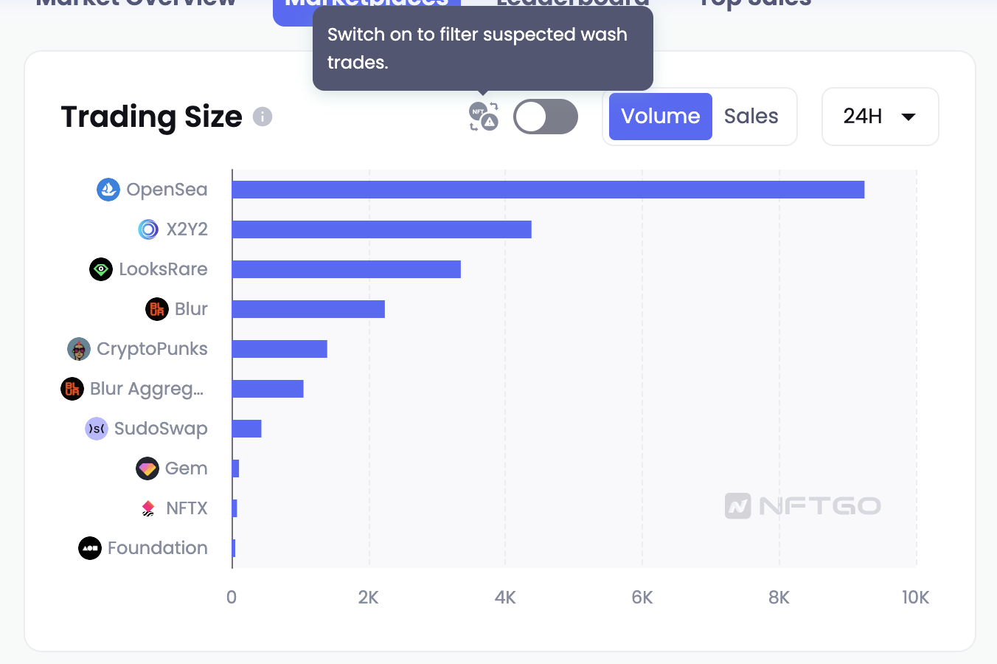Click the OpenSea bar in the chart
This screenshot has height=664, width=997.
coord(548,190)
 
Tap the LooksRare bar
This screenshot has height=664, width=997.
coord(346,269)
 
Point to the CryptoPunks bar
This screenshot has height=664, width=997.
coord(279,349)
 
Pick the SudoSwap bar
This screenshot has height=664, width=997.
coord(246,429)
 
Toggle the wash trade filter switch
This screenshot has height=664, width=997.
coord(545,117)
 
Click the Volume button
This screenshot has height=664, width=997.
coord(660,117)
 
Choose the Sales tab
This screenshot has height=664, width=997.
coord(751,117)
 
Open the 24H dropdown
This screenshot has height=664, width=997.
coord(879,117)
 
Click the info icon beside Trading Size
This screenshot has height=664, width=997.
coord(263,117)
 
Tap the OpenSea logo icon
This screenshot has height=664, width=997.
coord(108,190)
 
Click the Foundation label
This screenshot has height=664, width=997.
coord(157,548)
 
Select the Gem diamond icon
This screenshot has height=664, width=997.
coord(147,468)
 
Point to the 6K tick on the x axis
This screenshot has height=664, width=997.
coord(642,598)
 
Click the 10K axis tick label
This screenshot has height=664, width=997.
coord(915,598)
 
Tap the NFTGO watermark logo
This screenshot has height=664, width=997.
coord(803,506)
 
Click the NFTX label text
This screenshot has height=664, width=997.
coord(187,508)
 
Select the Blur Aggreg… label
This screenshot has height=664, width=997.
coord(146,389)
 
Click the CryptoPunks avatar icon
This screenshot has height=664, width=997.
coord(79,349)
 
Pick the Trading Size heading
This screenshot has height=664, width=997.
coord(151,117)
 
